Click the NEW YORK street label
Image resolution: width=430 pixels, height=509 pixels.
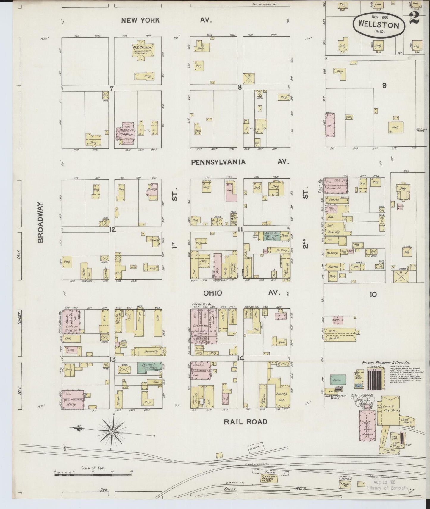point(140,20)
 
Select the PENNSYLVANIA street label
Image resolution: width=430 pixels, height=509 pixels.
point(218,162)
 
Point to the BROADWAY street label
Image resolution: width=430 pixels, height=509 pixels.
point(41,222)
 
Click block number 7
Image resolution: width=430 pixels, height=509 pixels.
point(112,88)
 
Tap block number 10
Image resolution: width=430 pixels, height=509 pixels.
point(373,294)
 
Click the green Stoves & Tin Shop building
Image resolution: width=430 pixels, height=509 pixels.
point(150,366)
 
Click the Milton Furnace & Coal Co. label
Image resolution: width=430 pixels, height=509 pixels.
point(386,363)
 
